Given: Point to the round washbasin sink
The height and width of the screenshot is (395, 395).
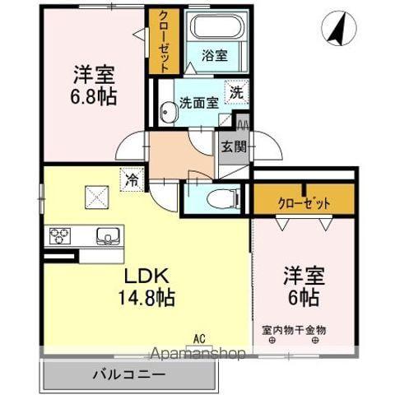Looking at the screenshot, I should (x=165, y=105).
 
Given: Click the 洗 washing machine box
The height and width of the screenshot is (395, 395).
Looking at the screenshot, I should (x=235, y=94).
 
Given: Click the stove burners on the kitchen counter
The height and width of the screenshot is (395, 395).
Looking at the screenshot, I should (x=60, y=237).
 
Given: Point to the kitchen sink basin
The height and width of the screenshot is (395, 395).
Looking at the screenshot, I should (x=107, y=236).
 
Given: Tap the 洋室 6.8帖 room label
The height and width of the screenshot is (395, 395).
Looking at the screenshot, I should (x=90, y=84).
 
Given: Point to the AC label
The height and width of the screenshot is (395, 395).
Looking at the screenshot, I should (x=199, y=337).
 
